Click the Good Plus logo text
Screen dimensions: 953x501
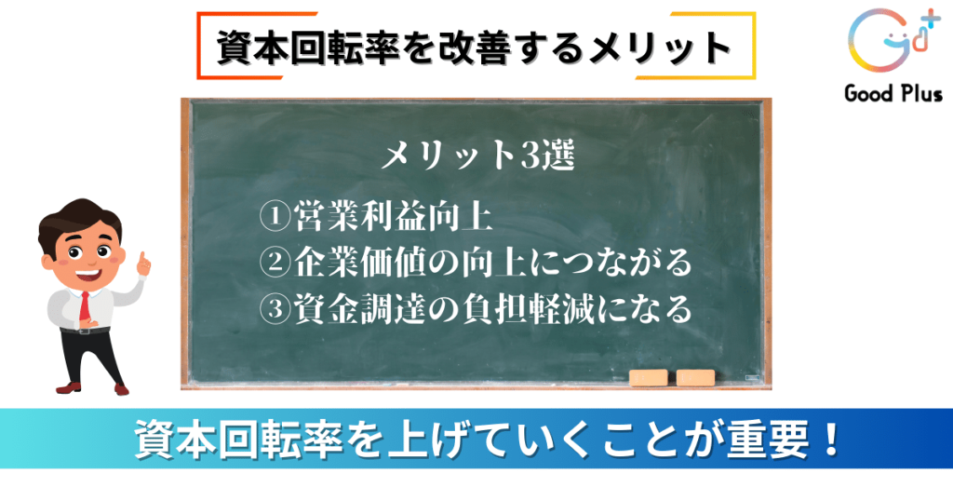click(x=893, y=94)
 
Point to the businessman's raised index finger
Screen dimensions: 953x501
click(x=144, y=258)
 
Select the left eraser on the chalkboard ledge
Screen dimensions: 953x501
click(x=649, y=377)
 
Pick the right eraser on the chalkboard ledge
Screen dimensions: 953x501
click(x=696, y=377)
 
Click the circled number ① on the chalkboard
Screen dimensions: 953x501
click(x=275, y=215)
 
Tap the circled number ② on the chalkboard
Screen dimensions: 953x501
click(x=275, y=262)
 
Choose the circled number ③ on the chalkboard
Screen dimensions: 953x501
click(x=275, y=309)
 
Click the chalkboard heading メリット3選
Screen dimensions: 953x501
click(x=478, y=155)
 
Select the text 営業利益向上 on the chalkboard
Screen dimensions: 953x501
click(x=393, y=216)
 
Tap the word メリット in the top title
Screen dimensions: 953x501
click(x=658, y=47)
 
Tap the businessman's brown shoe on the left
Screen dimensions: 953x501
click(x=68, y=387)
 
